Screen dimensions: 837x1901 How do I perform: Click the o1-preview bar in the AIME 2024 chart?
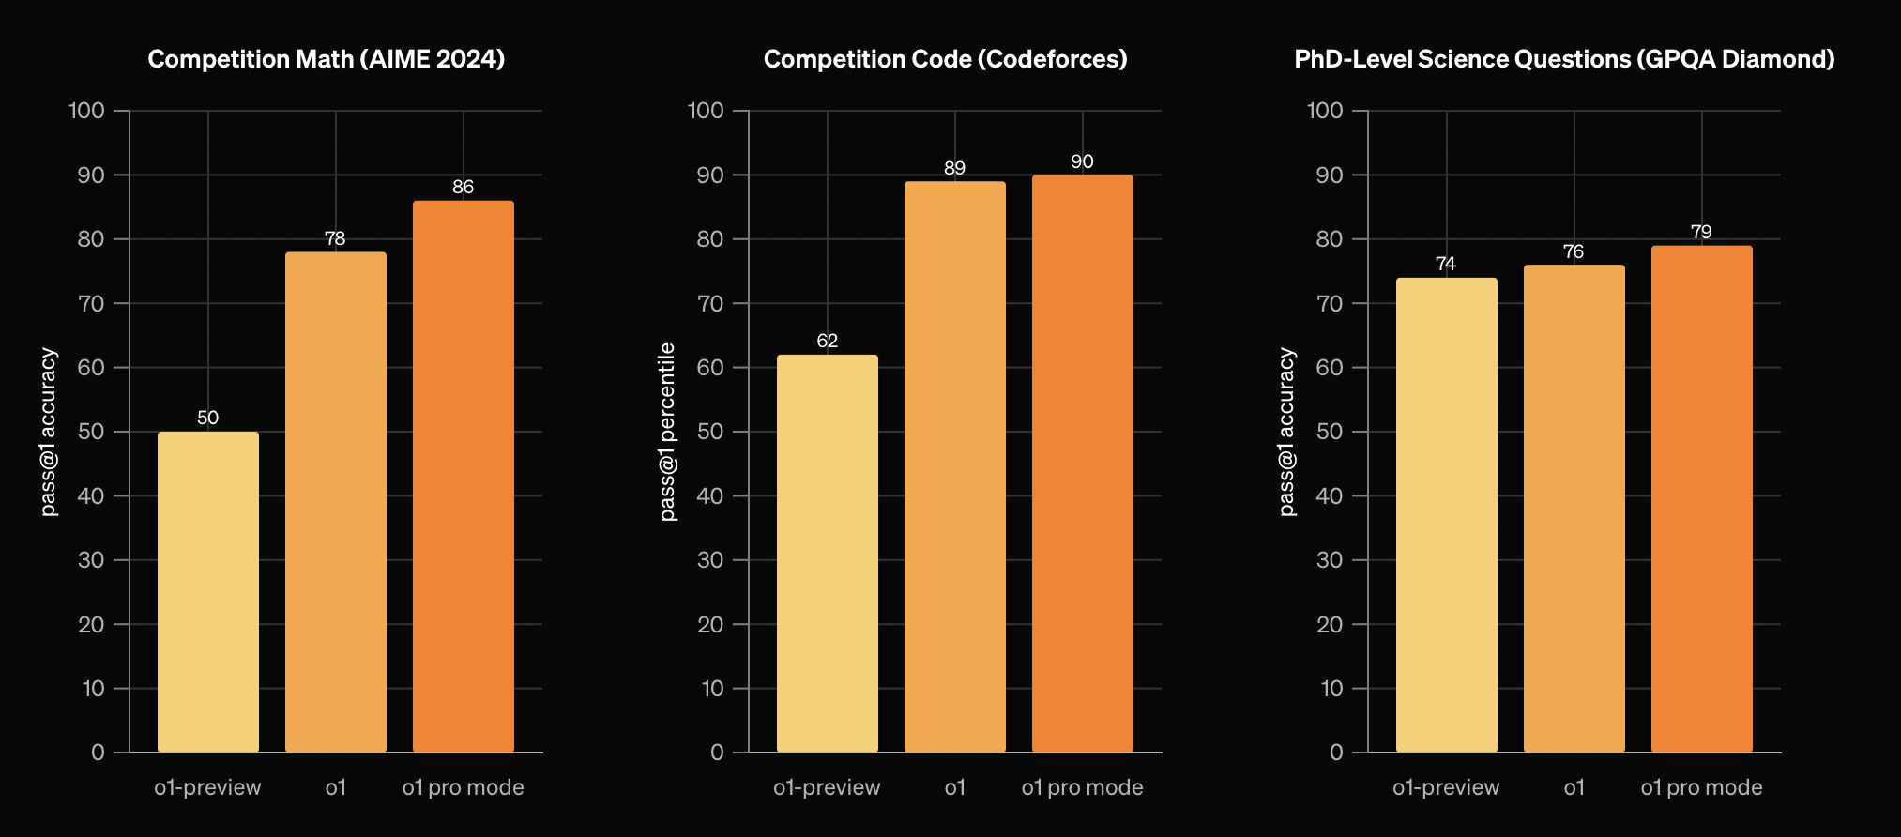(207, 591)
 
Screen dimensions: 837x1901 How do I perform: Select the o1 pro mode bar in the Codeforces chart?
(1082, 464)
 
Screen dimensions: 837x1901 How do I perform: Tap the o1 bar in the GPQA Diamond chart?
(1574, 508)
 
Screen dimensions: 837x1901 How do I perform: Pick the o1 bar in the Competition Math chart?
(335, 501)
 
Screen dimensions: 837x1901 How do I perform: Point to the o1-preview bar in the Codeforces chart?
(827, 553)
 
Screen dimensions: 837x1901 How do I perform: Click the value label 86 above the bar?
(463, 187)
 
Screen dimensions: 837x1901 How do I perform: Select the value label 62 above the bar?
(827, 341)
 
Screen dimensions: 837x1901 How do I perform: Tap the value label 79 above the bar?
(1701, 232)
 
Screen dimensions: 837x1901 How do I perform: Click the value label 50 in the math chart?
(207, 418)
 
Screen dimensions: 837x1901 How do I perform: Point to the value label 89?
(954, 168)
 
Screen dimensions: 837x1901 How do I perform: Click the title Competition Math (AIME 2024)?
(327, 59)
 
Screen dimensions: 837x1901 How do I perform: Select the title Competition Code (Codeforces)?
(945, 59)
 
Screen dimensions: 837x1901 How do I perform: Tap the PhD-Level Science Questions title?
(1564, 59)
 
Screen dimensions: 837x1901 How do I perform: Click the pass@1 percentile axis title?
(668, 432)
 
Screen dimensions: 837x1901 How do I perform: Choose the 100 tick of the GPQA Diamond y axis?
(1325, 111)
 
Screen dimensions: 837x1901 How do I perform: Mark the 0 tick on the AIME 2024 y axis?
(98, 753)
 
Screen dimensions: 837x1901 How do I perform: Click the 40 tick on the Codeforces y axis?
(710, 495)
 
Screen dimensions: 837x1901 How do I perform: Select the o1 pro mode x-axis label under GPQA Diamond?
(1701, 787)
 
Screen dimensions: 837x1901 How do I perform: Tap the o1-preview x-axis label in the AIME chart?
(207, 787)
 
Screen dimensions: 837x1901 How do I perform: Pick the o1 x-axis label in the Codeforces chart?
(954, 787)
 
